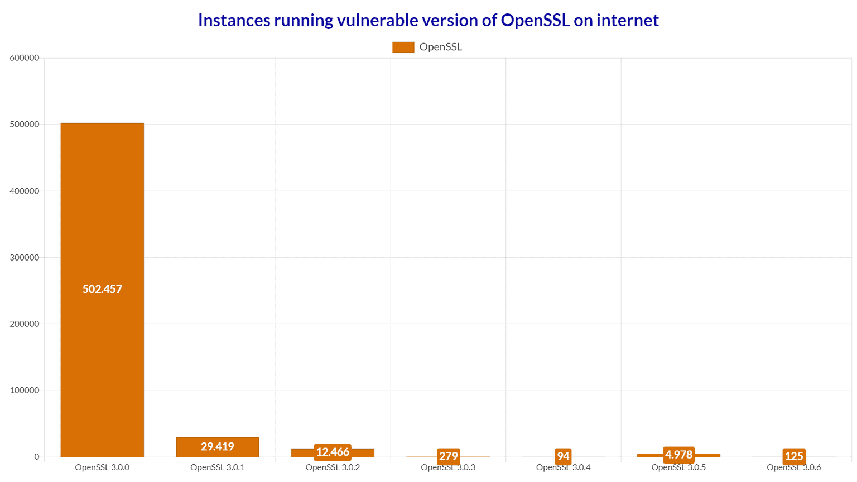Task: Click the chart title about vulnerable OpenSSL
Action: point(428,20)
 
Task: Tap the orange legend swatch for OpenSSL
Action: point(403,47)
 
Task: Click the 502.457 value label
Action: point(102,289)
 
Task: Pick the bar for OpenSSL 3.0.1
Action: point(218,447)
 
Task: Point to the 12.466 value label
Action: point(333,452)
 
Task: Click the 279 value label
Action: point(449,456)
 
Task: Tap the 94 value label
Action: point(564,456)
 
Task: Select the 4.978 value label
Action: point(678,455)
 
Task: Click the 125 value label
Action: point(794,456)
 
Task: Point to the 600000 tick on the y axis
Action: point(25,57)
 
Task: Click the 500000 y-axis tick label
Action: point(25,124)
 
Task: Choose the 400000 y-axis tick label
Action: point(25,191)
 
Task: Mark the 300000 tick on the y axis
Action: point(25,257)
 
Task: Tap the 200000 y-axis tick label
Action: point(25,324)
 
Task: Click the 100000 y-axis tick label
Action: point(25,390)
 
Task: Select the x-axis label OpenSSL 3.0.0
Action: point(102,467)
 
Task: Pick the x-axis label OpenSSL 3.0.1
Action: point(218,467)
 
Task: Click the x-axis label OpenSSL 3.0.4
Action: point(564,467)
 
